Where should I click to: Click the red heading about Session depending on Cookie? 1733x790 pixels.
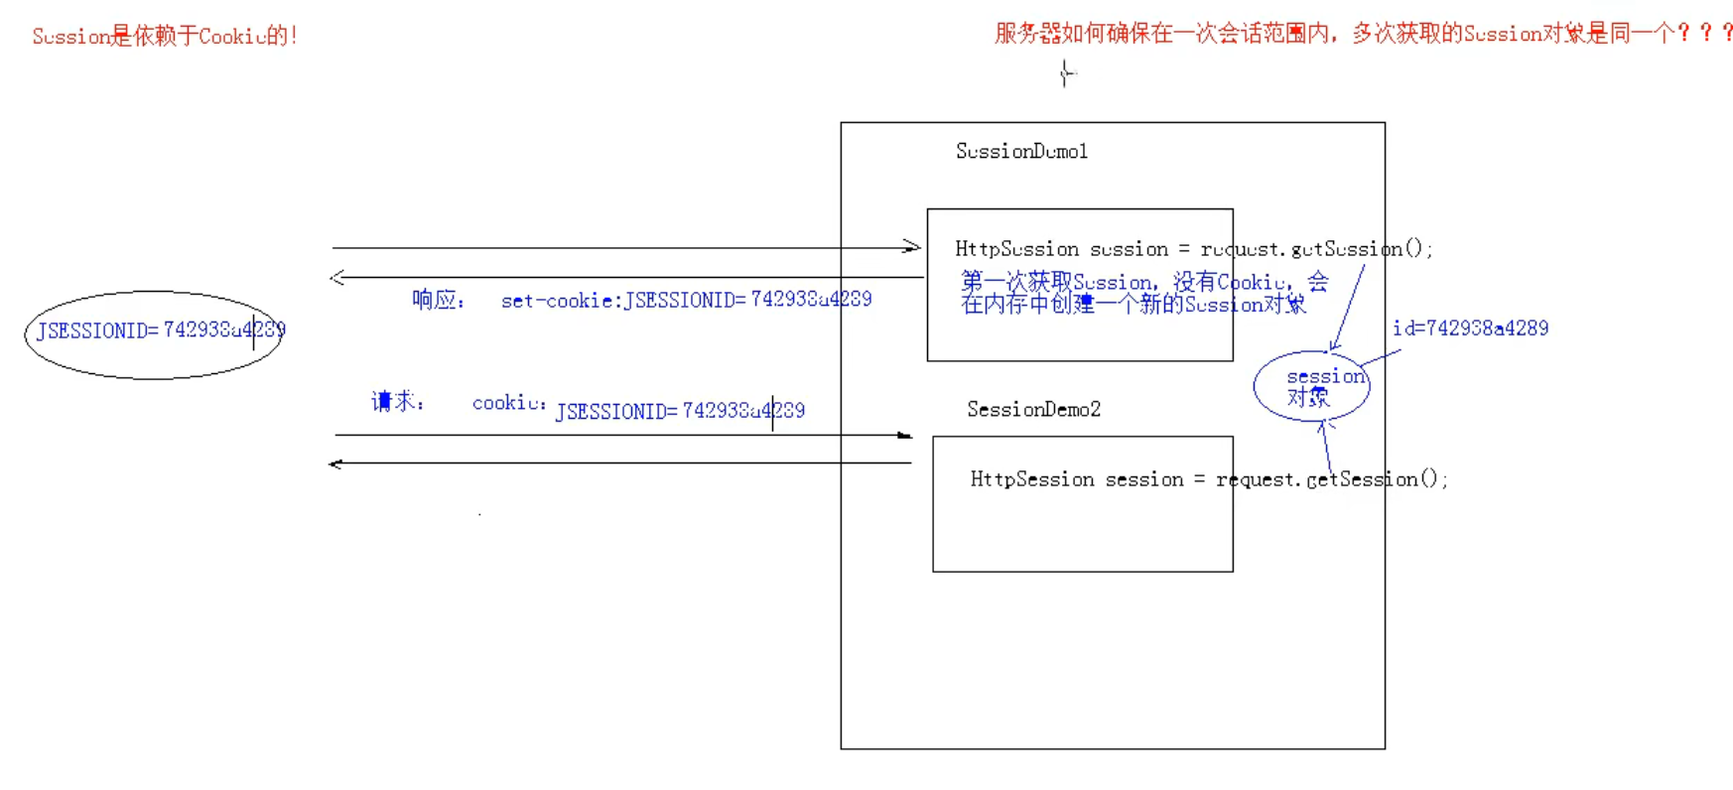(x=165, y=37)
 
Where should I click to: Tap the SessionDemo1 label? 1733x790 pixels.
(x=1021, y=151)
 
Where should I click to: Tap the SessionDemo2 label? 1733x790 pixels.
(x=1033, y=409)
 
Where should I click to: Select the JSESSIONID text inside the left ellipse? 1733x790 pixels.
(x=160, y=330)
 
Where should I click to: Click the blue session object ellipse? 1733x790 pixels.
(x=1312, y=386)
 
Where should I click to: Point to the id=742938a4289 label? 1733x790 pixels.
(x=1470, y=329)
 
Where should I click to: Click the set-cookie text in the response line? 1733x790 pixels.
(x=686, y=300)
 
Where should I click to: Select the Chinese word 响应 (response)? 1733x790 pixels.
(x=436, y=300)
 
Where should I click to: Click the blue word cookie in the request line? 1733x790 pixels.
(x=507, y=403)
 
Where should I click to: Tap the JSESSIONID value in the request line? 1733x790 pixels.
(x=680, y=411)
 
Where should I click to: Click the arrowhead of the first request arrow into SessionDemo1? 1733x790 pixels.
(x=912, y=246)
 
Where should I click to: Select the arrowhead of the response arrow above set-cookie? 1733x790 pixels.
(x=337, y=277)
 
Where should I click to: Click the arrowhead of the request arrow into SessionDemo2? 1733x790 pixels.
(x=904, y=435)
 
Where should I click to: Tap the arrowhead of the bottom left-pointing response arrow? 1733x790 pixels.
(x=335, y=463)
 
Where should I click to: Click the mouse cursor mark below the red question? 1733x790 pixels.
(x=1067, y=73)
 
